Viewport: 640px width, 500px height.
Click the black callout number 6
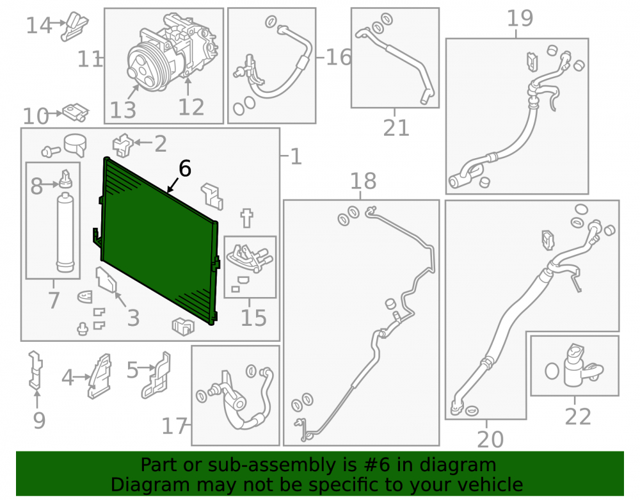click(185, 168)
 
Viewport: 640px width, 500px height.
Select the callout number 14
click(39, 26)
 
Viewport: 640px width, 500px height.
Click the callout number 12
click(191, 108)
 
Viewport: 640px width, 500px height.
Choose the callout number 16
click(339, 57)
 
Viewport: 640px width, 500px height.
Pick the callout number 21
click(396, 128)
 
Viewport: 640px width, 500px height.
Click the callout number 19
click(520, 19)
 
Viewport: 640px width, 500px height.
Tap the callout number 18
click(364, 181)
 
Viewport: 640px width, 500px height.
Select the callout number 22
click(578, 417)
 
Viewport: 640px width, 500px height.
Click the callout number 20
click(490, 440)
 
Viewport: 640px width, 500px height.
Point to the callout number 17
click(174, 426)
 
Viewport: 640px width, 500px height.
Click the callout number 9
click(39, 421)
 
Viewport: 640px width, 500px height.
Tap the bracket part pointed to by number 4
click(100, 376)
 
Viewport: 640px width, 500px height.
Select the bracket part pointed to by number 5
click(157, 375)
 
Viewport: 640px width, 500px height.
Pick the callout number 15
click(253, 318)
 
